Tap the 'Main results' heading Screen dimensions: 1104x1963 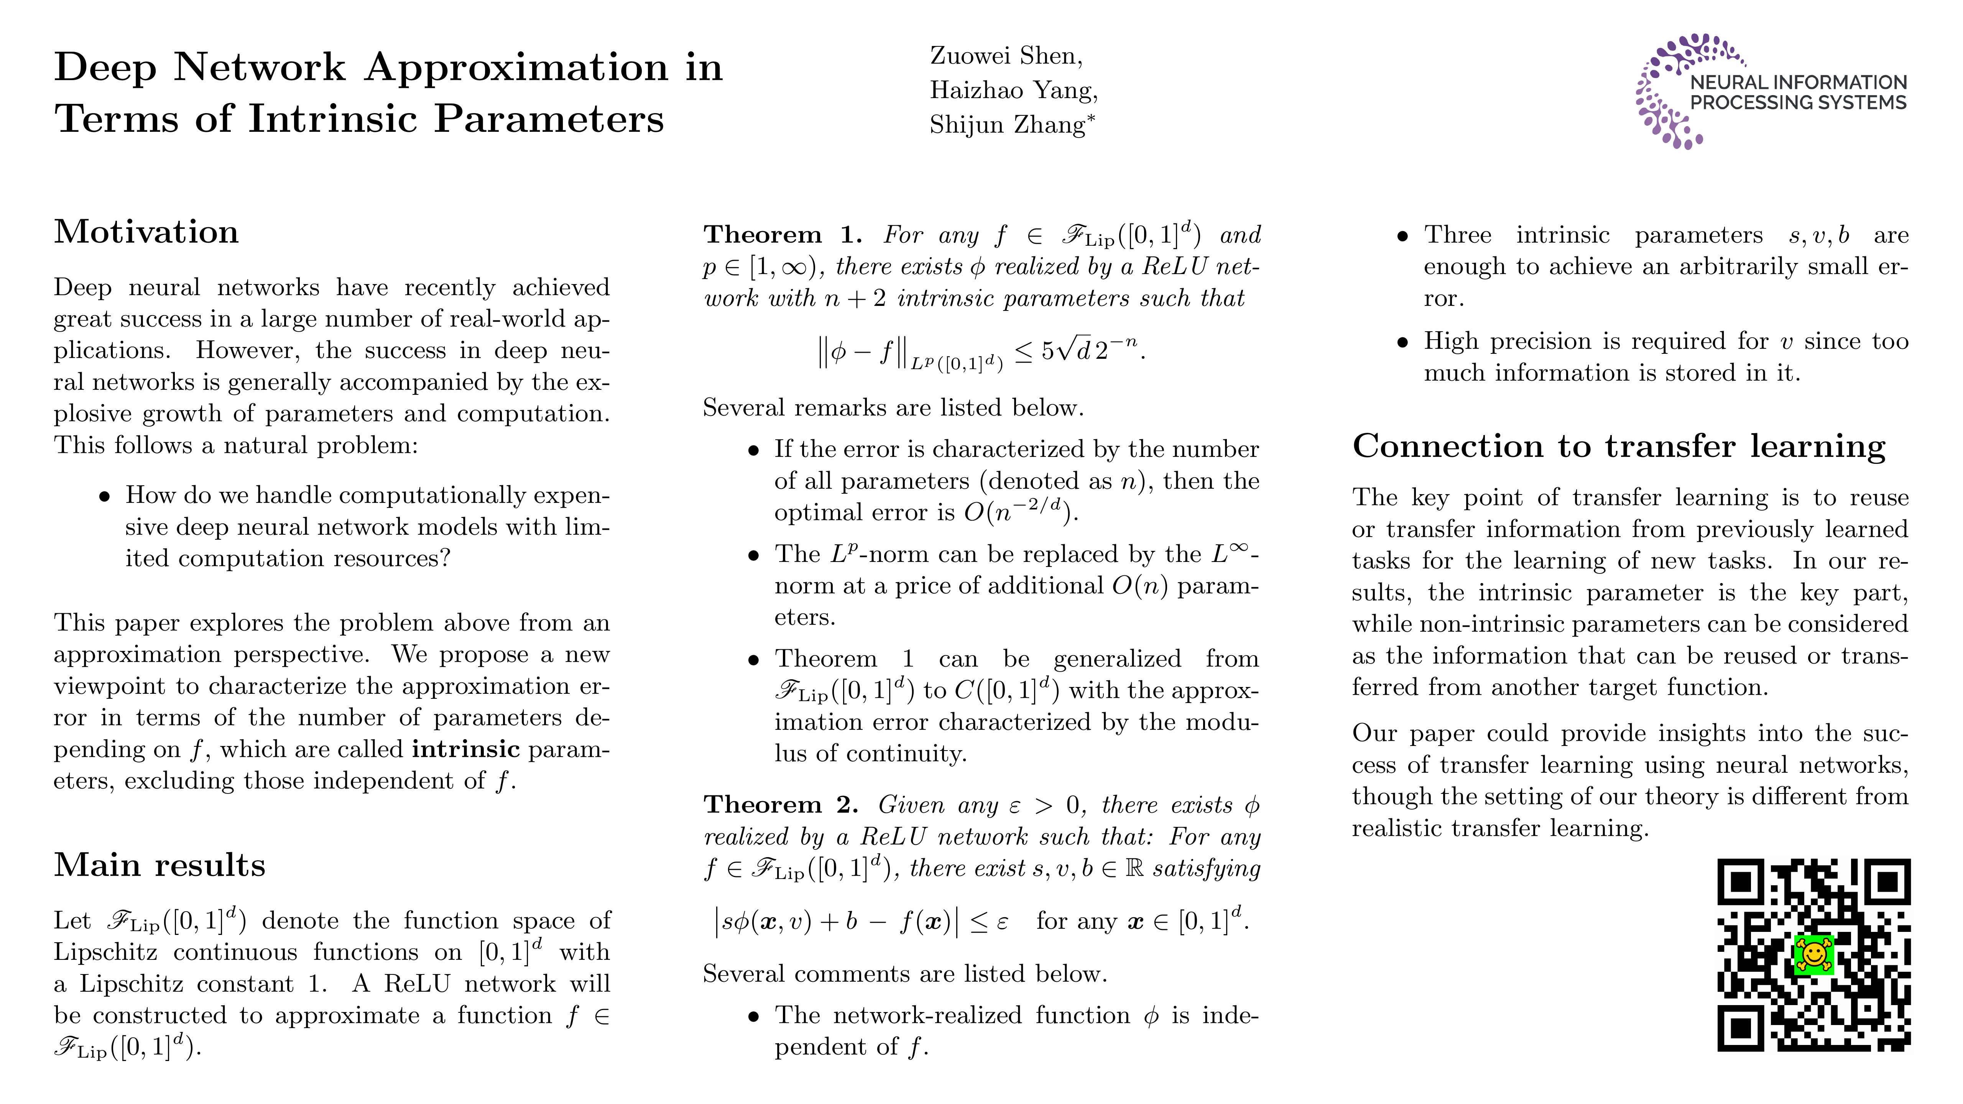159,865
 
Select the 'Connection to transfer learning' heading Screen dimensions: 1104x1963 1619,446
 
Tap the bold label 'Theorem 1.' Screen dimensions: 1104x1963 782,235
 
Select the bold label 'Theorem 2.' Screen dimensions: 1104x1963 780,805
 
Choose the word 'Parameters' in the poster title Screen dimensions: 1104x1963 549,120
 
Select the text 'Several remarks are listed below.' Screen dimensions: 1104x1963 892,407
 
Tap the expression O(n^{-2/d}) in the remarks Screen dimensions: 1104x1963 1019,511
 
